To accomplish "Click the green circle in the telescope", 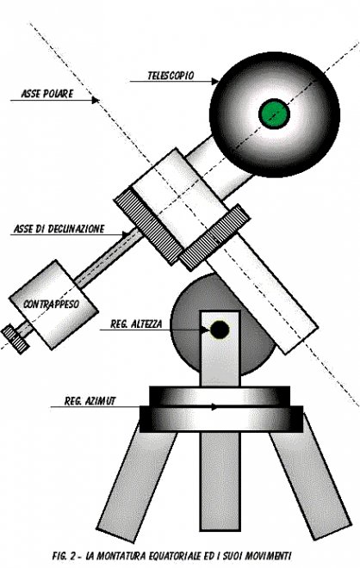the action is (x=274, y=114).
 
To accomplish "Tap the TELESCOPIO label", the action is (x=171, y=76).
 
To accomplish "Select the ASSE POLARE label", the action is (x=47, y=94).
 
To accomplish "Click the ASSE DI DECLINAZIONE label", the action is (x=59, y=229).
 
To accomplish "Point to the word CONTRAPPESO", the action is (x=51, y=304).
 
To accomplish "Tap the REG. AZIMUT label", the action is (x=90, y=401).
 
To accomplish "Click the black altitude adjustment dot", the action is (x=220, y=330).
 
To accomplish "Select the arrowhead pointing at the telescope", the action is (x=214, y=82).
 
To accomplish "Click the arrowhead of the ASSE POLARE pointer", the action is (x=96, y=101).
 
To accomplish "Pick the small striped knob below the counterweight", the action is (x=16, y=339).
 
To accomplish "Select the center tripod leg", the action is (x=220, y=481).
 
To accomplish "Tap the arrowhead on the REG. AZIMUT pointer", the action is (x=215, y=407).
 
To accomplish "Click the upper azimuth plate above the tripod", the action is (x=220, y=396).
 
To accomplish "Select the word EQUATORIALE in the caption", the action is (x=174, y=555).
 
